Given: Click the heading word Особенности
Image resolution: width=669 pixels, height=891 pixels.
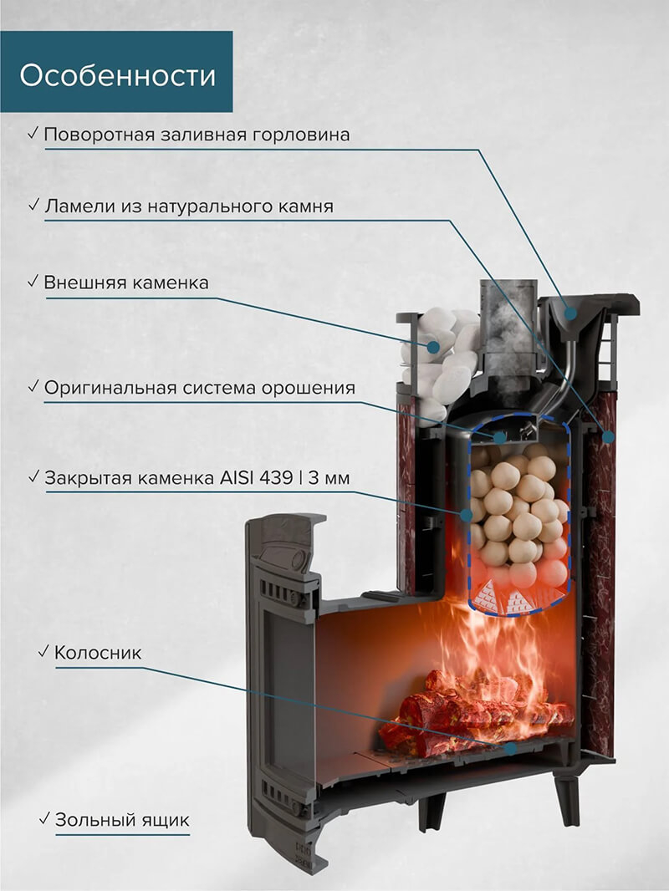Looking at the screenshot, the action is tap(118, 76).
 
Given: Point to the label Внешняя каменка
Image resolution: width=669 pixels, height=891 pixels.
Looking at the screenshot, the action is tap(126, 283).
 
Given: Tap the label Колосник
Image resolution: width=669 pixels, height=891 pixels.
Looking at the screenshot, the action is tap(97, 652).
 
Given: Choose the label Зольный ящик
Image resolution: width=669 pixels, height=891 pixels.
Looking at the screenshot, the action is tap(121, 820).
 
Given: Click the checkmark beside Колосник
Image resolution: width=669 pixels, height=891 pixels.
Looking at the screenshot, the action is tap(43, 651).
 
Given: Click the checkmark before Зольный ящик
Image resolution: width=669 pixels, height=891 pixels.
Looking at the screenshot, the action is tap(44, 819).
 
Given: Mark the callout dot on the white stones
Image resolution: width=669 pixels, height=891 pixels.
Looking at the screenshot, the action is tap(435, 346).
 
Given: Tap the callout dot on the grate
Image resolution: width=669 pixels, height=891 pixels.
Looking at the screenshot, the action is tap(510, 748).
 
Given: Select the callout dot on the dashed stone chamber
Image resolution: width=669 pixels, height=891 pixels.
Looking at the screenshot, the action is tap(467, 516).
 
